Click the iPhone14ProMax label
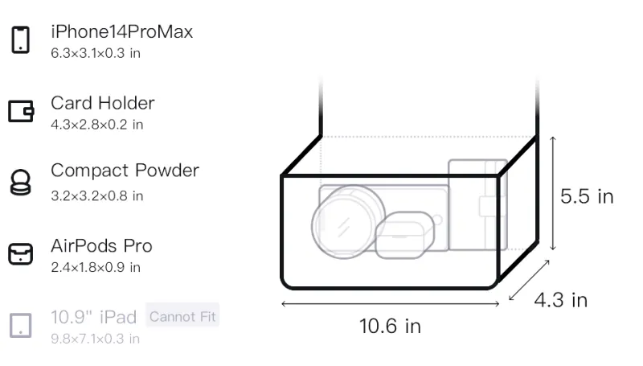(x=122, y=32)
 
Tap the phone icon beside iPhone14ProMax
(x=21, y=39)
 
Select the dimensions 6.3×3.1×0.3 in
(x=96, y=53)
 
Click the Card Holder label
(x=103, y=103)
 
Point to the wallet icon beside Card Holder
(x=21, y=111)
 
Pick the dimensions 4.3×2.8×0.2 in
(x=96, y=125)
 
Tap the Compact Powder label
(x=125, y=171)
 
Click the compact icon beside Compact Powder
(x=21, y=182)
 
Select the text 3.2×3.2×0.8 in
(x=96, y=196)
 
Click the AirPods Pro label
(x=102, y=246)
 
